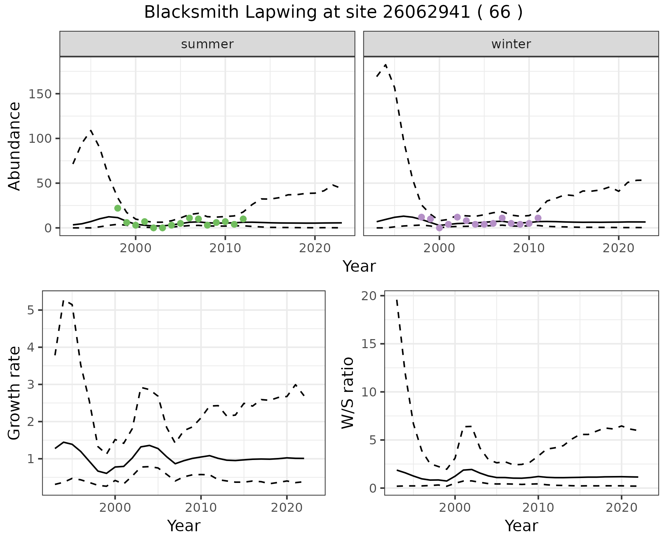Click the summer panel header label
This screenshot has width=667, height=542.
coord(207,44)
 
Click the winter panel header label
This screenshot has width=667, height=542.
coord(511,44)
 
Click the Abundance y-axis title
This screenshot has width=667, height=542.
coord(15,146)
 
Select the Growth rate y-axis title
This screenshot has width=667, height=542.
coord(15,393)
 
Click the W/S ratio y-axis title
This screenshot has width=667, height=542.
coord(347,393)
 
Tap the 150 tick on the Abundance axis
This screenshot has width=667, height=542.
coord(40,94)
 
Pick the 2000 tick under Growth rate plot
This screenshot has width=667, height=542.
coord(115,508)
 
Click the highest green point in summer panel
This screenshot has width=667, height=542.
coord(118,208)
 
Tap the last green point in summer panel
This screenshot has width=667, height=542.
coord(243,219)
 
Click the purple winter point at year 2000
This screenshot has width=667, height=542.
coord(439,228)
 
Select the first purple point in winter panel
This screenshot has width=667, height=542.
coord(421,217)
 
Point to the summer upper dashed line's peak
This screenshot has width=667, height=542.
coord(91,130)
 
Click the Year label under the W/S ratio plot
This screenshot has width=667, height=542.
coord(521,526)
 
